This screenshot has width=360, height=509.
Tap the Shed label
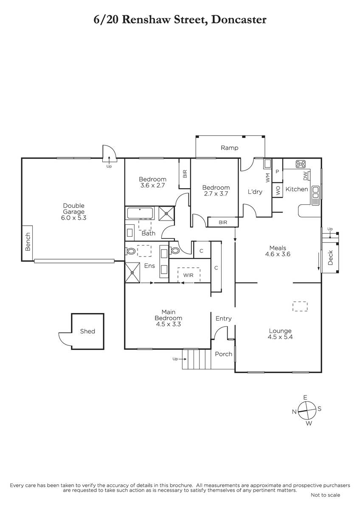tap(87, 331)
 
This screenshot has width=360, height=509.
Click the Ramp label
tap(230, 148)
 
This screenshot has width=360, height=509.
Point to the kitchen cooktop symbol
tap(301, 164)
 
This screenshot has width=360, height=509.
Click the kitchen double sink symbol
tap(316, 196)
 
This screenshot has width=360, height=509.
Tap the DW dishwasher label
tap(305, 176)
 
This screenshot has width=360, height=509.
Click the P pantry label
tap(277, 171)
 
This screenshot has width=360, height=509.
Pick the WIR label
tap(188, 275)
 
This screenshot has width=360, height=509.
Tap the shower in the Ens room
tap(132, 273)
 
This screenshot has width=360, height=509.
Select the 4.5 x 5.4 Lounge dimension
tap(280, 337)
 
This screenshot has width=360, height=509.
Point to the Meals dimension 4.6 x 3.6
tap(278, 254)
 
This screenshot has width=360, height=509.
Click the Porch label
tap(224, 354)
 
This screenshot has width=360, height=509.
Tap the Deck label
tap(330, 258)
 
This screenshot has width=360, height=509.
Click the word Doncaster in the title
tap(239, 20)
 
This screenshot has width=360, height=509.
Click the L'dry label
tap(255, 192)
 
